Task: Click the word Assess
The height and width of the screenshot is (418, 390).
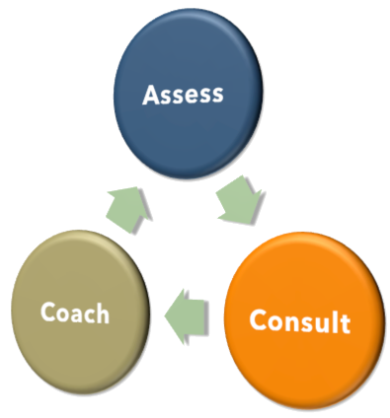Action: click(x=183, y=95)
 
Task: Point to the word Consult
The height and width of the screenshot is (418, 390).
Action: click(x=299, y=321)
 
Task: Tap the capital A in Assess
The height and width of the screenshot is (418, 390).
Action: click(x=151, y=95)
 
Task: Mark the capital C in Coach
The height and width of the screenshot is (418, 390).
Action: click(x=48, y=313)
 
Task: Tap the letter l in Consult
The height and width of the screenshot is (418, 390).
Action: click(x=336, y=321)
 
